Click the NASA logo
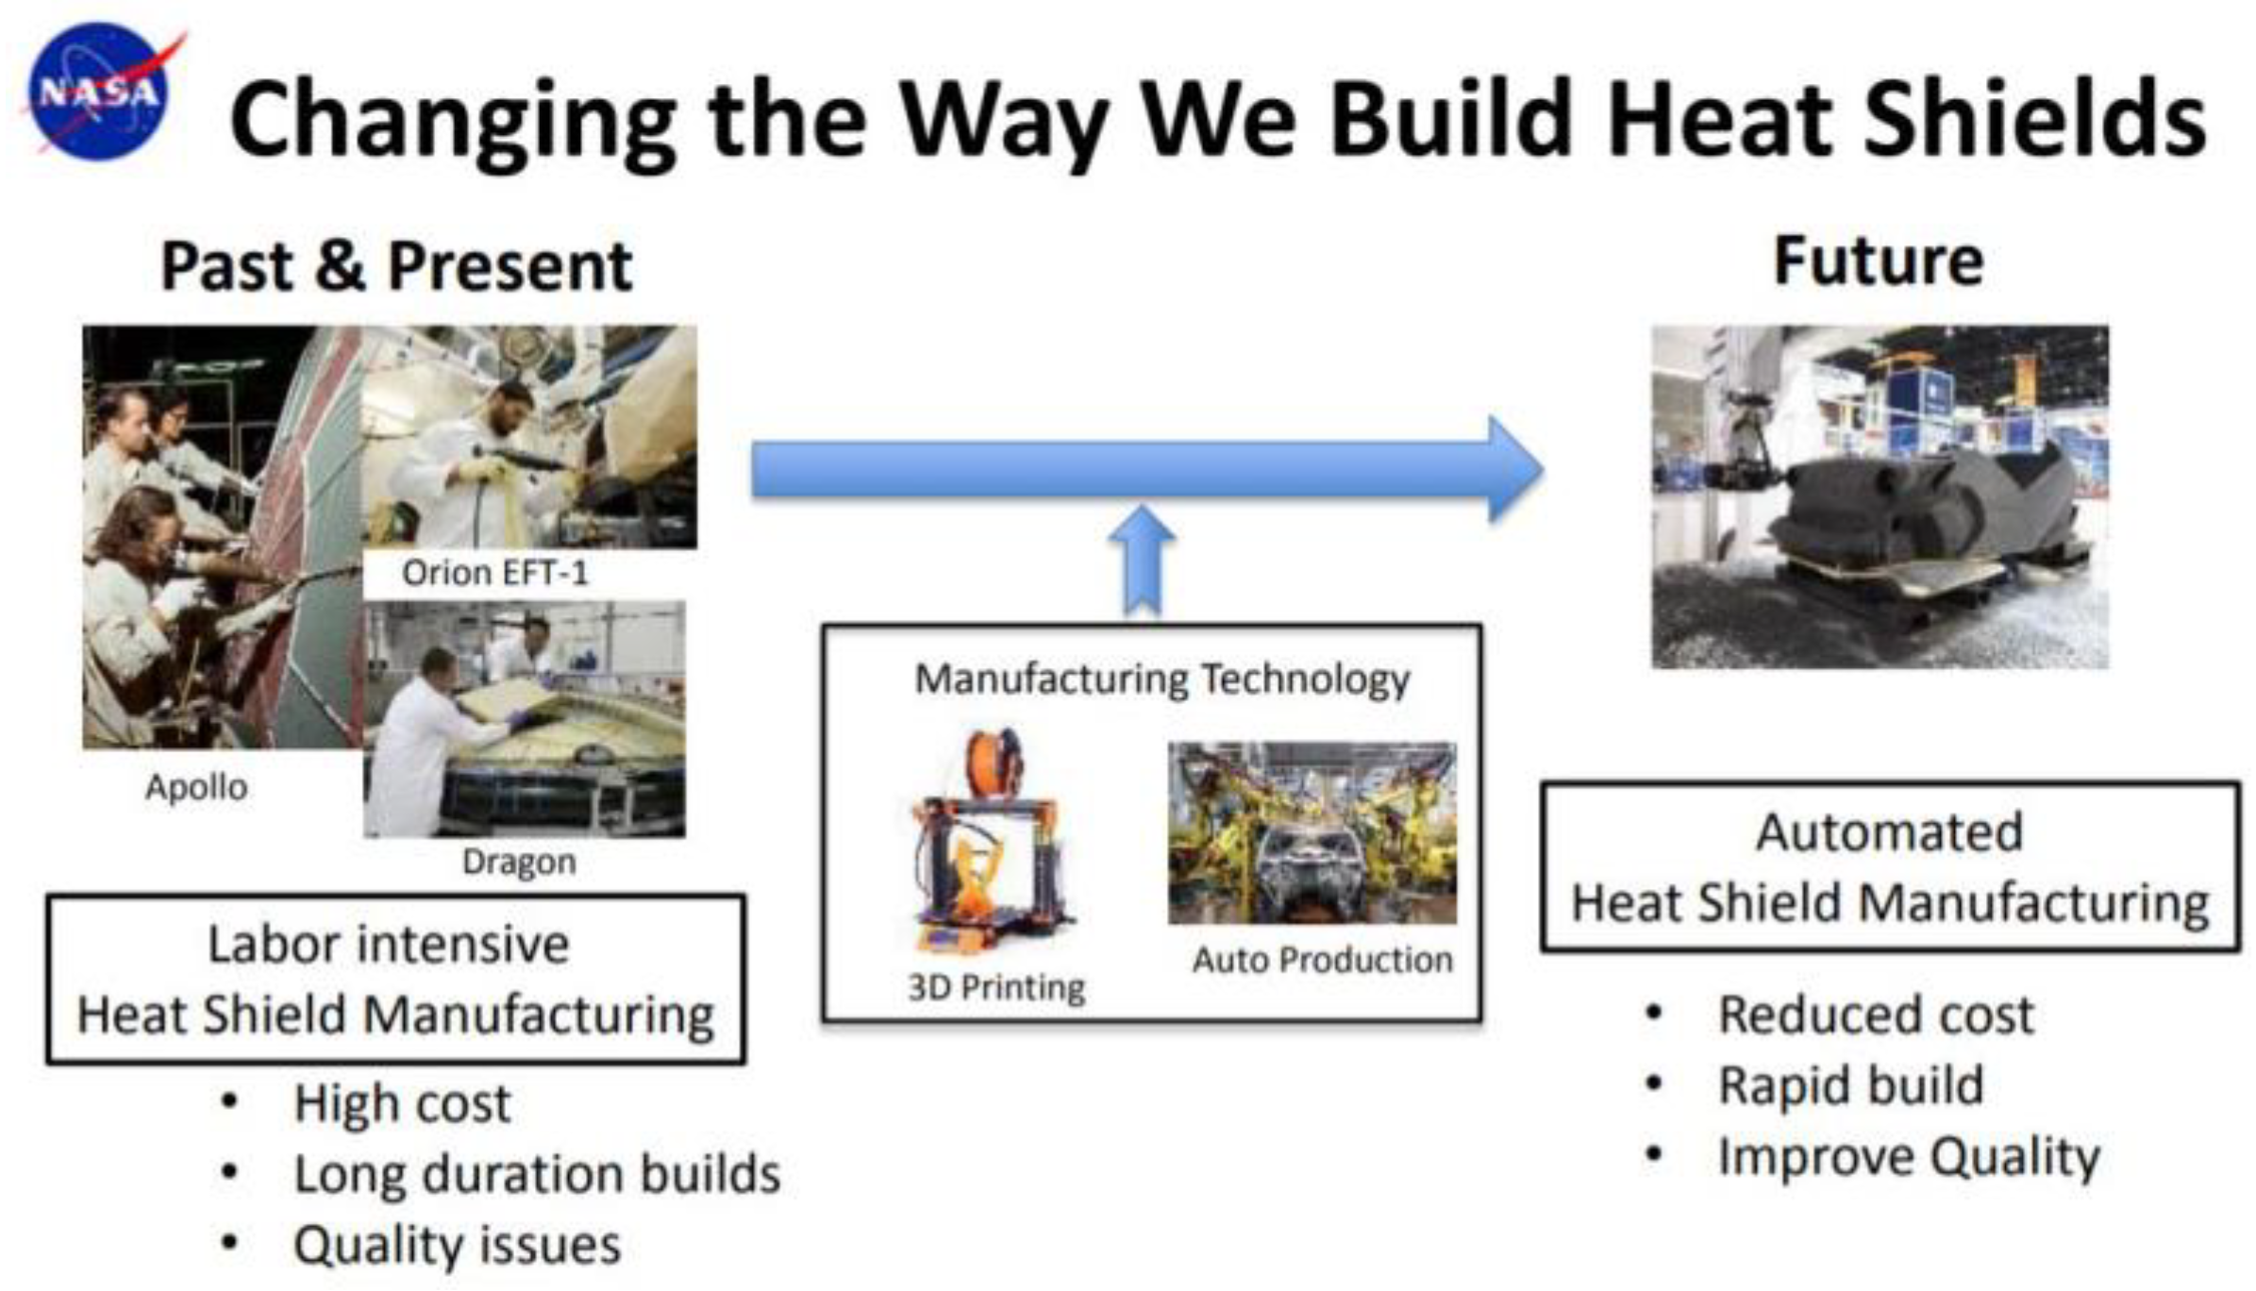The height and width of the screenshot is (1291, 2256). pos(100,92)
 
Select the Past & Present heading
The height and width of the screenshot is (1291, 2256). pos(396,266)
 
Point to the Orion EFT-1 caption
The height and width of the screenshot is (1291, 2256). pos(494,572)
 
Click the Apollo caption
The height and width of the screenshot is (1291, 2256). pos(196,787)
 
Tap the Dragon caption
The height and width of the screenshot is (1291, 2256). pos(519,862)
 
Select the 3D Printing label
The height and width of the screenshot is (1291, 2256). pos(996,987)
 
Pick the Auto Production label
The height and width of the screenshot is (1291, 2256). pos(1323,960)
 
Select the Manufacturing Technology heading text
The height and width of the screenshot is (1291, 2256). pos(1162,679)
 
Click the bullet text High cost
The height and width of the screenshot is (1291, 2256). pos(402,1104)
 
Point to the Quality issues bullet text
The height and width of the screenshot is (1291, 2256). pos(457,1246)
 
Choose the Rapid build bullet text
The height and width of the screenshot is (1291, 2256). pos(1850,1085)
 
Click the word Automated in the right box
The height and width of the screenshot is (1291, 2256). pos(1889,832)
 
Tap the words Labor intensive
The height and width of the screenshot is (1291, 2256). pos(388,944)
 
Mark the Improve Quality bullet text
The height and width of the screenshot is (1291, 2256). pos(1909,1158)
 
